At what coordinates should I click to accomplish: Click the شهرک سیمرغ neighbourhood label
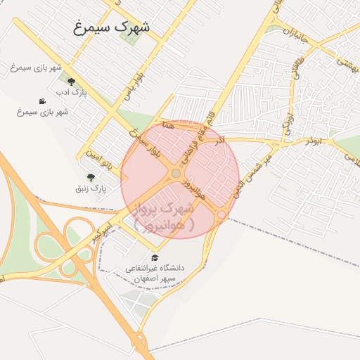click(113, 28)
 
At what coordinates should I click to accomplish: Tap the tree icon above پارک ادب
click(70, 82)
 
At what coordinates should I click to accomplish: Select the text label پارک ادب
click(70, 93)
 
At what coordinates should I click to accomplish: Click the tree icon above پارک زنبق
click(90, 177)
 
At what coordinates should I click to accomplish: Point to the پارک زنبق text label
click(90, 188)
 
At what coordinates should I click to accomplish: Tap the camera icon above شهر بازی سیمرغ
click(43, 101)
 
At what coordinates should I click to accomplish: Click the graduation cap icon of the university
click(155, 257)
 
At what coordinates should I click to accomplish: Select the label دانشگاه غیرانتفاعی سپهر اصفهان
click(155, 273)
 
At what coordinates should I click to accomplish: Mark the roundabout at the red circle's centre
click(176, 173)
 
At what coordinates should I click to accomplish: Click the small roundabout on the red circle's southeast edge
click(221, 214)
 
